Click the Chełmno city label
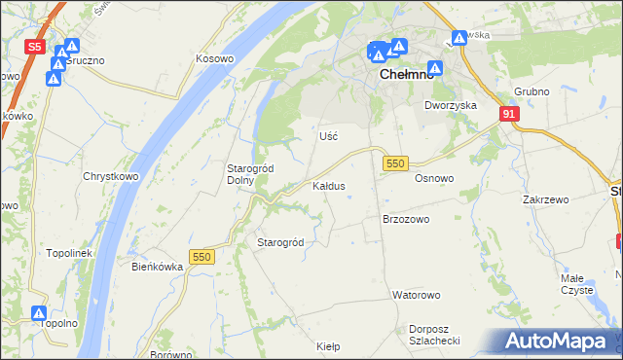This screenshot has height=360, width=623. coord(400,82)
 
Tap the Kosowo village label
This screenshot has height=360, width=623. coord(215,58)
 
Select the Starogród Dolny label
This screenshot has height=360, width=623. coord(250,173)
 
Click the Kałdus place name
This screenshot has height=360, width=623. coord(328,185)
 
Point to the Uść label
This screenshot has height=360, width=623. coord(328,136)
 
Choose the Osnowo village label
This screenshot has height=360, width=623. coord(434,179)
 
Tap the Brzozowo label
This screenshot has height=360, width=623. coord(406,220)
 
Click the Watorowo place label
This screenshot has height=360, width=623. coord(416,294)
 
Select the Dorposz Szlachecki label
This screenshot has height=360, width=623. coord(434,335)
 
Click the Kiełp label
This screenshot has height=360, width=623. coord(328,345)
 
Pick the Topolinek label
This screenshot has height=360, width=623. coord(68,253)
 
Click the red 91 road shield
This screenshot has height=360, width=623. coord(510,114)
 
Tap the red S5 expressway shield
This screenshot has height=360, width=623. coord(35,46)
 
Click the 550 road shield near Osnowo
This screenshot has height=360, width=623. coord(394,164)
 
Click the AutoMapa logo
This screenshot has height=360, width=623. coord(558,342)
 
